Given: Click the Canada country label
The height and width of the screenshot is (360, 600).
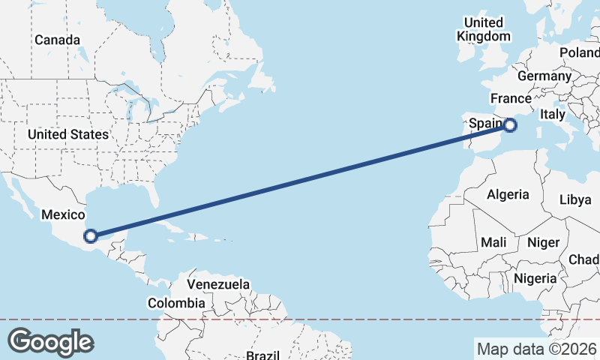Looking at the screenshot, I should [57, 39].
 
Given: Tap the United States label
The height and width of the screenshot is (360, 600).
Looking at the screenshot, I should [67, 134].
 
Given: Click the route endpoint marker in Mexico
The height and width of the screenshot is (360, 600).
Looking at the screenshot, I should [90, 236].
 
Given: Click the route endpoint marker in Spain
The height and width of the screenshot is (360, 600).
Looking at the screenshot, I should [510, 125].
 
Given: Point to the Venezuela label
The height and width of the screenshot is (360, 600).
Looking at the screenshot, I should [218, 285].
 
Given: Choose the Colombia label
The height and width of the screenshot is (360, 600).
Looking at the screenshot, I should [176, 303].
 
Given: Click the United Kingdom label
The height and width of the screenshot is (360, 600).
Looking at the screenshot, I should [484, 29].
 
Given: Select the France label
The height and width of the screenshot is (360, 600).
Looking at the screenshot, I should [511, 99].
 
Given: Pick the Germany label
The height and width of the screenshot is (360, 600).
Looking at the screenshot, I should [544, 76].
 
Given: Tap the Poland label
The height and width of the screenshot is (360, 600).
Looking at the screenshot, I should [580, 52].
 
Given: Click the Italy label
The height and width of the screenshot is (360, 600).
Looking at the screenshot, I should [553, 115].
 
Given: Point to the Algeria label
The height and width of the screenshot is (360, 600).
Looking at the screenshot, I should [508, 195].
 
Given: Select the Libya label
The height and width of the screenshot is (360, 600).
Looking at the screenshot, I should [576, 199].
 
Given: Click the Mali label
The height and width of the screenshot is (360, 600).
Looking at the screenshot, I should [493, 242].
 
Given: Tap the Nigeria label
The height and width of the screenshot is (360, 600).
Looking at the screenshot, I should [535, 278].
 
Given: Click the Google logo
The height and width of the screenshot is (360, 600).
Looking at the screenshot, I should [50, 342].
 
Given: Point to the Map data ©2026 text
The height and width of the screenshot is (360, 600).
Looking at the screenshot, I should [536, 349].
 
